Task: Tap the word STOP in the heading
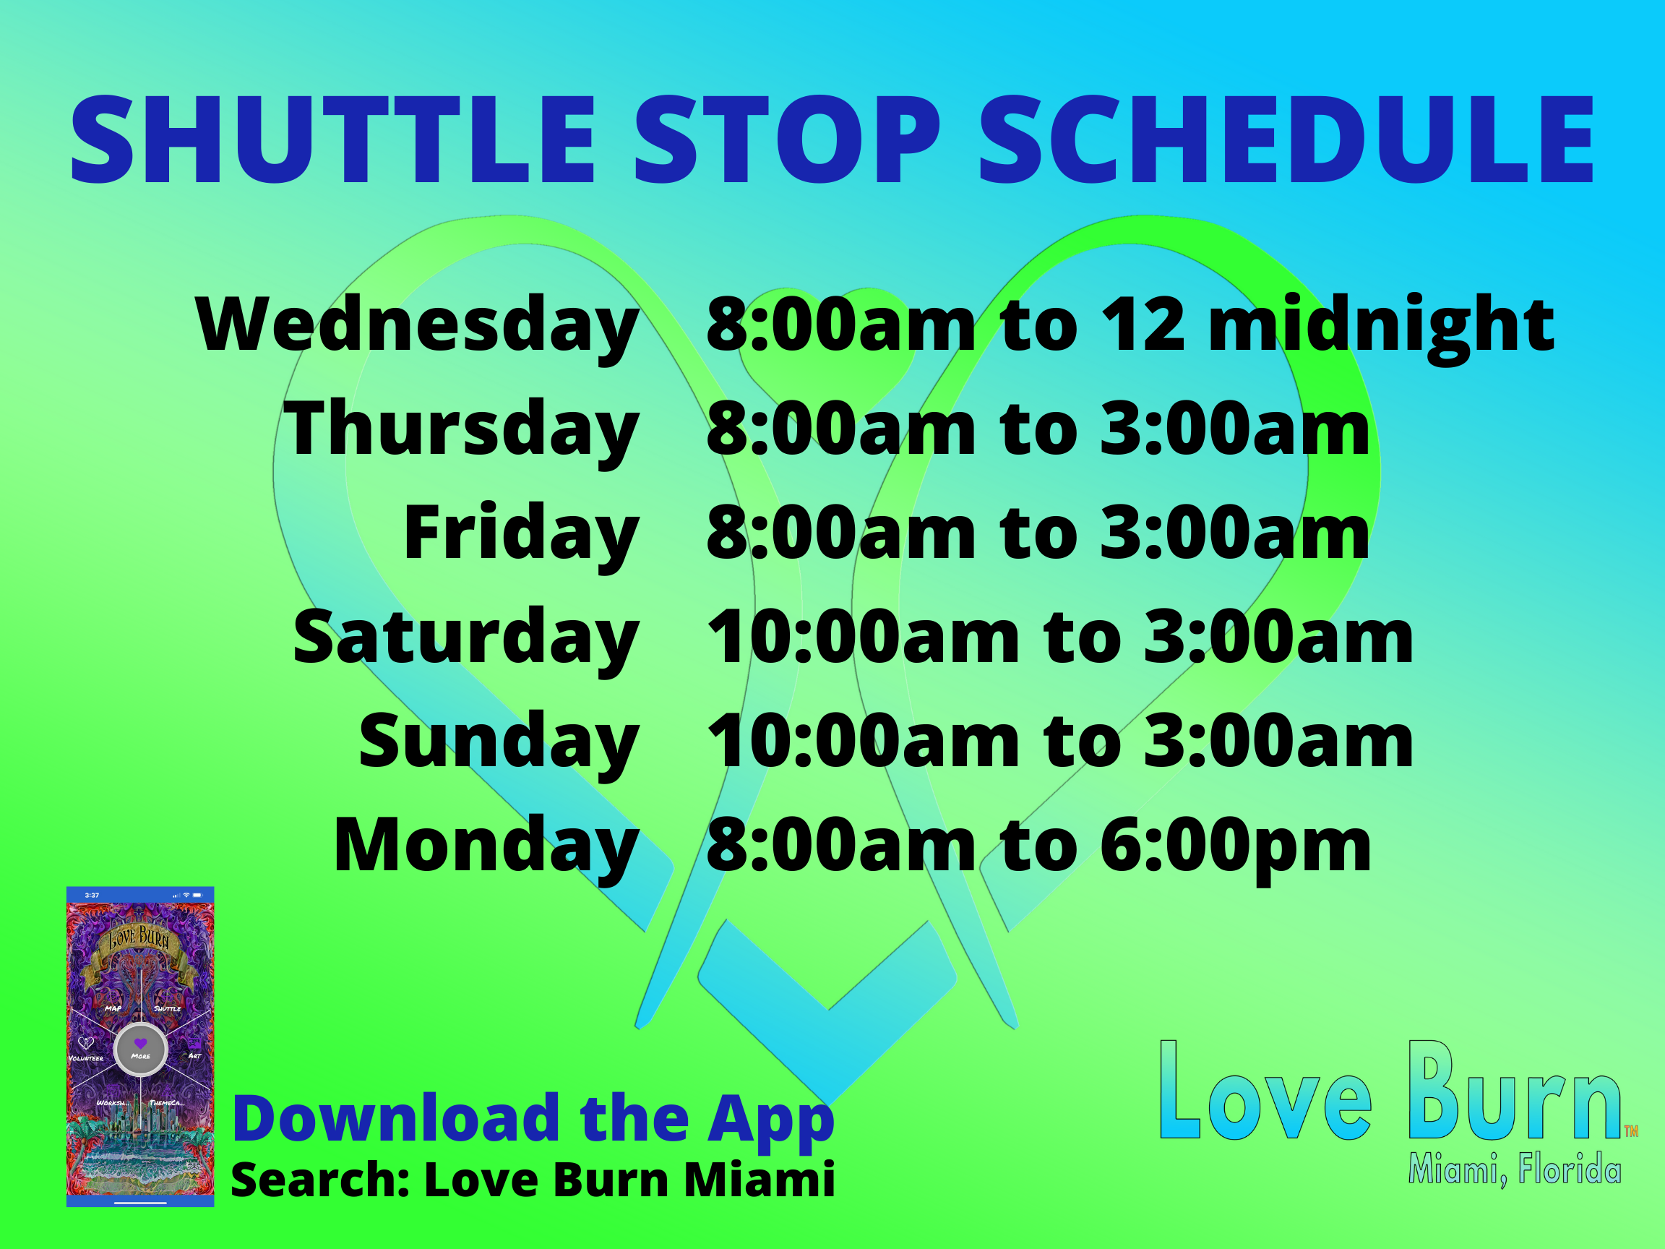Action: click(x=788, y=140)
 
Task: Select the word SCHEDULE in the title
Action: click(x=1286, y=140)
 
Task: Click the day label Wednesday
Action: click(x=418, y=326)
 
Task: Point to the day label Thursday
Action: click(x=461, y=430)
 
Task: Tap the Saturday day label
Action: click(x=467, y=638)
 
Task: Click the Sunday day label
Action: click(x=499, y=742)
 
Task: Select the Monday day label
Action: click(x=487, y=846)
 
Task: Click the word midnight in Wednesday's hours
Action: click(x=1381, y=326)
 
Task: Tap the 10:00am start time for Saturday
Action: click(x=864, y=638)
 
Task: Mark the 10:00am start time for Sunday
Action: click(x=864, y=742)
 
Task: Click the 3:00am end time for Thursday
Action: click(x=1234, y=430)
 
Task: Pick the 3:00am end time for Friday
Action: click(x=1234, y=533)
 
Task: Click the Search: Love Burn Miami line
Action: click(x=533, y=1180)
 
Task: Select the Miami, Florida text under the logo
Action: click(x=1514, y=1170)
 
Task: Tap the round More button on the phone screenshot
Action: click(x=141, y=1048)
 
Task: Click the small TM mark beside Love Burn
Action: click(x=1631, y=1130)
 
